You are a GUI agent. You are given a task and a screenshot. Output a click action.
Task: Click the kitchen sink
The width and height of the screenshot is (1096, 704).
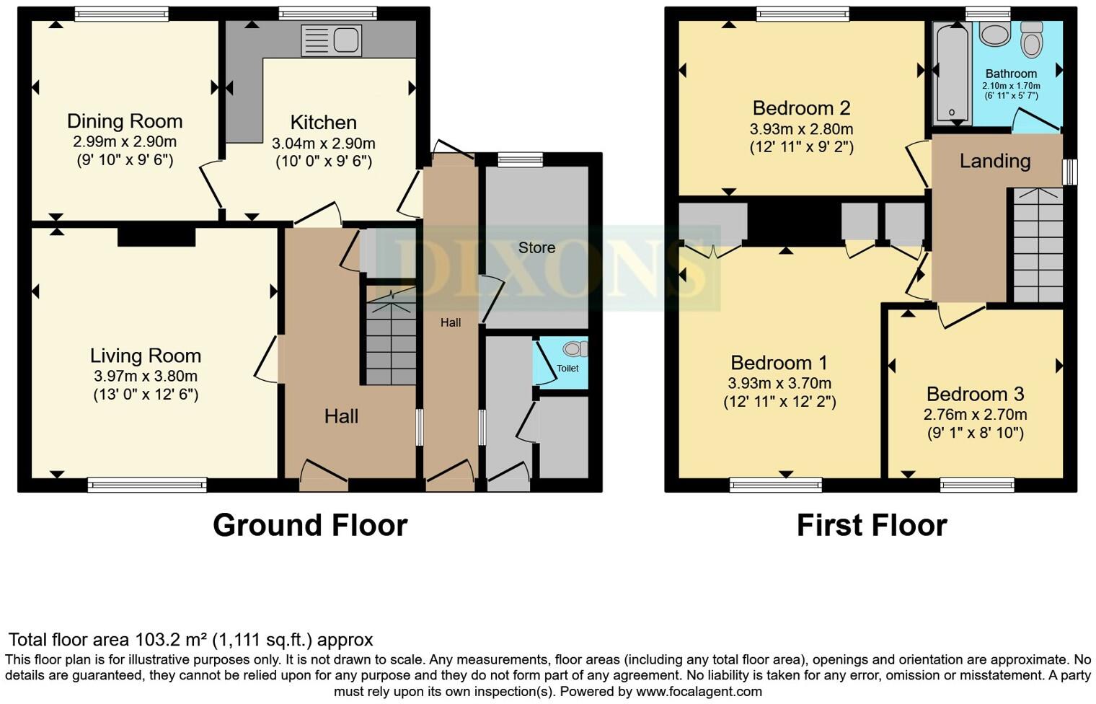(x=331, y=40)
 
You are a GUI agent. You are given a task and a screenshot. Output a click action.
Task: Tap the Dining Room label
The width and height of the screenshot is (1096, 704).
(x=125, y=121)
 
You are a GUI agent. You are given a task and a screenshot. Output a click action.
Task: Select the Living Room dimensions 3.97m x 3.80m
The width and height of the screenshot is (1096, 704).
(x=146, y=376)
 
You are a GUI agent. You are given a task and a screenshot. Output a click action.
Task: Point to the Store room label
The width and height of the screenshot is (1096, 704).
(x=536, y=247)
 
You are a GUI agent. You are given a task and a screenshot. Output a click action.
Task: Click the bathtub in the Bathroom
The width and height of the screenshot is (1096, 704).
(x=952, y=72)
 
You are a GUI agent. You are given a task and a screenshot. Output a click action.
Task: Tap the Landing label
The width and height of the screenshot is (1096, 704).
(x=994, y=161)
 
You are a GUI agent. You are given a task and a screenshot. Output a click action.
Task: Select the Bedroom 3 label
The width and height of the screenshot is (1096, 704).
(x=975, y=394)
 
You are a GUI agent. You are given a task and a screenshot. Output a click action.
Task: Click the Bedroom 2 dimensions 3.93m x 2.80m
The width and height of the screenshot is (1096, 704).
(x=801, y=129)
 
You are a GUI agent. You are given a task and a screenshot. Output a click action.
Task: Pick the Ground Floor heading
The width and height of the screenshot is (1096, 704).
(x=310, y=525)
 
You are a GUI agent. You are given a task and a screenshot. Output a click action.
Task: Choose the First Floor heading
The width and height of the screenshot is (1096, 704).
(x=871, y=525)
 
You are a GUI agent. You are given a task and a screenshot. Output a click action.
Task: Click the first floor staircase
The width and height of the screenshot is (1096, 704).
(x=1038, y=245)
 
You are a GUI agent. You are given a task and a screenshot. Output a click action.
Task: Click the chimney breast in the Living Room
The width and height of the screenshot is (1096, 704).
(x=156, y=237)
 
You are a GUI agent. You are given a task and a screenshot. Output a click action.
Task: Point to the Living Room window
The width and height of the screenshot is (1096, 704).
(x=147, y=485)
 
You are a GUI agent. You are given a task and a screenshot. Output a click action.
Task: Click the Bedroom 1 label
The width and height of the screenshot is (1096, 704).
(x=779, y=363)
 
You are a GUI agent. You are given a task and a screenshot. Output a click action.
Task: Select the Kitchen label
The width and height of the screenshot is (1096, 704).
(x=323, y=123)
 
